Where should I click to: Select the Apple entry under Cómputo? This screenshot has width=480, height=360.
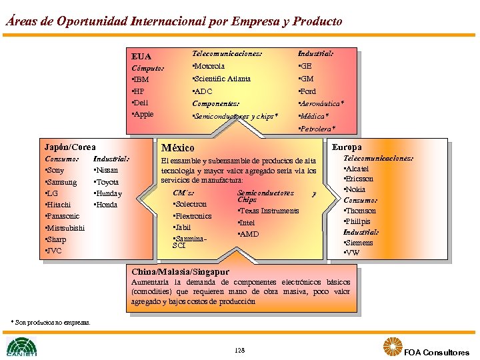click(143, 114)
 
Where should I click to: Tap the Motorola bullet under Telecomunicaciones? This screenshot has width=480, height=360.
click(208, 66)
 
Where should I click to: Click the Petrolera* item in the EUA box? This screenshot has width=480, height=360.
click(317, 128)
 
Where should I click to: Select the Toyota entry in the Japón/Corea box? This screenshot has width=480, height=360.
click(107, 182)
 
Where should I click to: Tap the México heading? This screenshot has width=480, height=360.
click(178, 147)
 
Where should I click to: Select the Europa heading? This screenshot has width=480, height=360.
click(346, 147)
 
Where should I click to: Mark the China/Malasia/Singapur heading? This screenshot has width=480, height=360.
click(180, 272)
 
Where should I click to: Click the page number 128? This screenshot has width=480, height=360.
click(240, 349)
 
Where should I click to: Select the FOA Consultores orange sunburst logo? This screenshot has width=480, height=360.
click(393, 347)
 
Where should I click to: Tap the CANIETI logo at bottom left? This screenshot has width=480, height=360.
click(22, 347)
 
